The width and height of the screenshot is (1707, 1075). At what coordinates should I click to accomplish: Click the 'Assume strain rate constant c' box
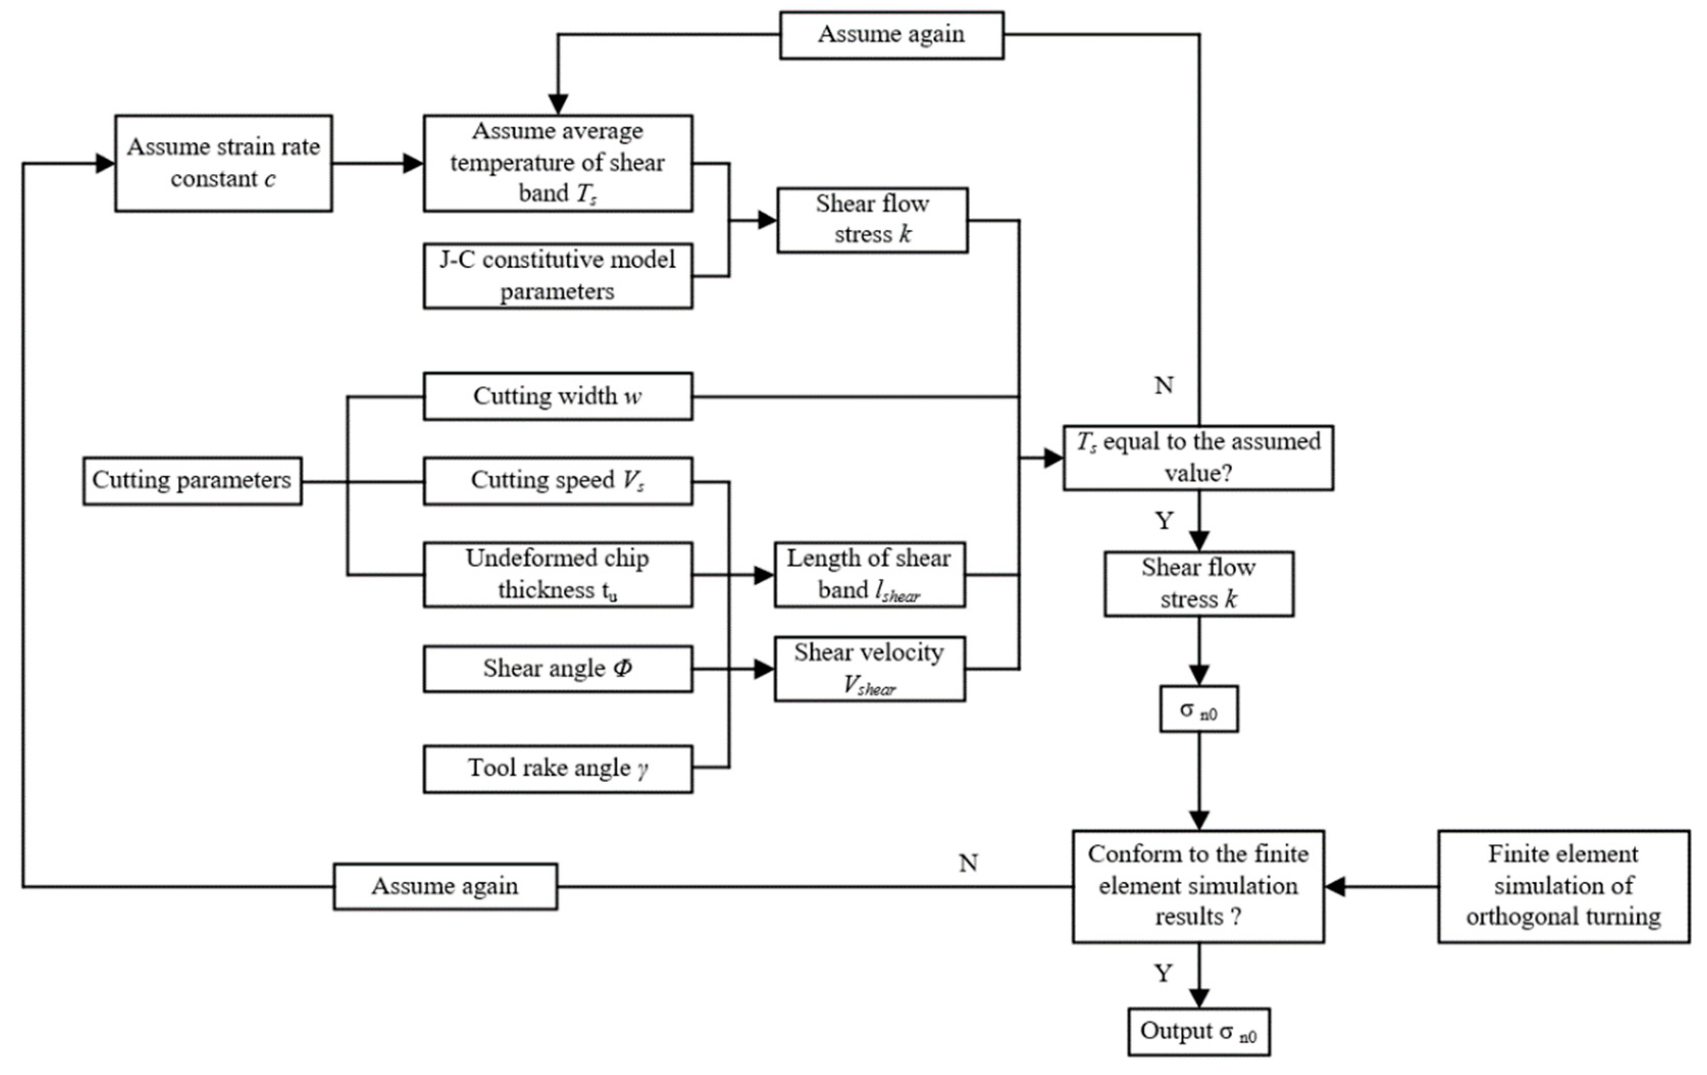click(x=223, y=163)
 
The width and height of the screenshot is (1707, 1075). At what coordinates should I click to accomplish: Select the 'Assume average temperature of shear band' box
click(x=558, y=163)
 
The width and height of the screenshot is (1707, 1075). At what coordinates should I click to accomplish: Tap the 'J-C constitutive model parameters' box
click(x=558, y=276)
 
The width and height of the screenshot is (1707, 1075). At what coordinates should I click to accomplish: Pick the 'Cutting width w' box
click(x=558, y=396)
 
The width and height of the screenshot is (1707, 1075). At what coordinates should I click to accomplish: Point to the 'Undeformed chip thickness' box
click(x=558, y=575)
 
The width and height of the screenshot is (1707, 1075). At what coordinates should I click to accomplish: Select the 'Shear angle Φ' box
click(x=558, y=668)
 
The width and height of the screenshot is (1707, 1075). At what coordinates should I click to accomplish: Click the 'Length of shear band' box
click(x=870, y=575)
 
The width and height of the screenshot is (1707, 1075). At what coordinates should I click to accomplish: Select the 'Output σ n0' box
click(x=1199, y=1032)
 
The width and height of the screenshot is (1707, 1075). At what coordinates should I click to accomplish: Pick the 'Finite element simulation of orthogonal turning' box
click(x=1564, y=886)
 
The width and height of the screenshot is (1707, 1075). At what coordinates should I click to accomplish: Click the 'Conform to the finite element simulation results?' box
click(x=1198, y=886)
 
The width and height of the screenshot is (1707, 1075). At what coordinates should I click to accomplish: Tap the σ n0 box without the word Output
click(x=1199, y=709)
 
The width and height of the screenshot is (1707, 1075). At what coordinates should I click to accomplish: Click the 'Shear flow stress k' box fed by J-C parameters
click(x=873, y=220)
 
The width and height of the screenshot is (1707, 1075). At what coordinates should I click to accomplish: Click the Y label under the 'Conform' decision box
click(x=1163, y=974)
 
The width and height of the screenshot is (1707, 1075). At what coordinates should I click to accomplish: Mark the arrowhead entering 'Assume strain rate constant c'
click(x=105, y=164)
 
